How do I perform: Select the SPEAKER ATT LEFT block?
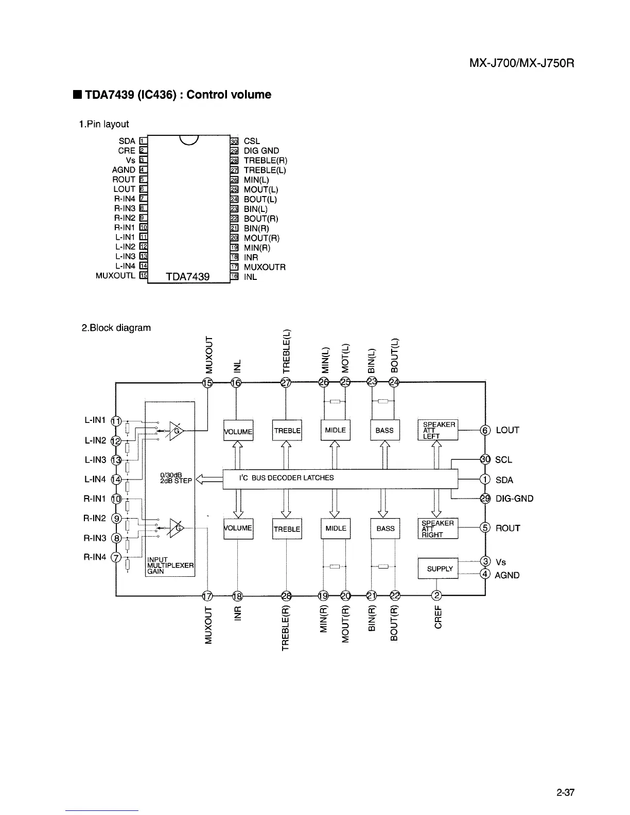pyautogui.click(x=437, y=430)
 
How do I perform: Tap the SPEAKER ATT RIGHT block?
pyautogui.click(x=437, y=528)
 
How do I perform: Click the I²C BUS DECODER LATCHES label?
pyautogui.click(x=286, y=478)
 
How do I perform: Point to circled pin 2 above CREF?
pyautogui.click(x=436, y=596)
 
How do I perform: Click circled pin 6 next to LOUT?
pyautogui.click(x=484, y=430)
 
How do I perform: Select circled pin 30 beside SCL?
pyautogui.click(x=484, y=459)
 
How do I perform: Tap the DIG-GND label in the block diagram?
pyautogui.click(x=514, y=499)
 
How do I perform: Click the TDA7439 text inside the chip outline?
pyautogui.click(x=187, y=277)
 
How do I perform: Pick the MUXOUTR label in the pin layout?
pyautogui.click(x=265, y=267)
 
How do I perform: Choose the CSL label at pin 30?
pyautogui.click(x=252, y=141)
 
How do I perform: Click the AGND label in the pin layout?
pyautogui.click(x=124, y=170)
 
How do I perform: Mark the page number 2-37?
pyautogui.click(x=565, y=793)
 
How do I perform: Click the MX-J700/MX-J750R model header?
pyautogui.click(x=521, y=64)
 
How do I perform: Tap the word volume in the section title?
pyautogui.click(x=251, y=95)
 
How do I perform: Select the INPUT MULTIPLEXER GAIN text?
pyautogui.click(x=170, y=565)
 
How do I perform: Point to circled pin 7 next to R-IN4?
pyautogui.click(x=116, y=558)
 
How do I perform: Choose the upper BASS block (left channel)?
pyautogui.click(x=384, y=431)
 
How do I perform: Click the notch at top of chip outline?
pyautogui.click(x=188, y=139)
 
